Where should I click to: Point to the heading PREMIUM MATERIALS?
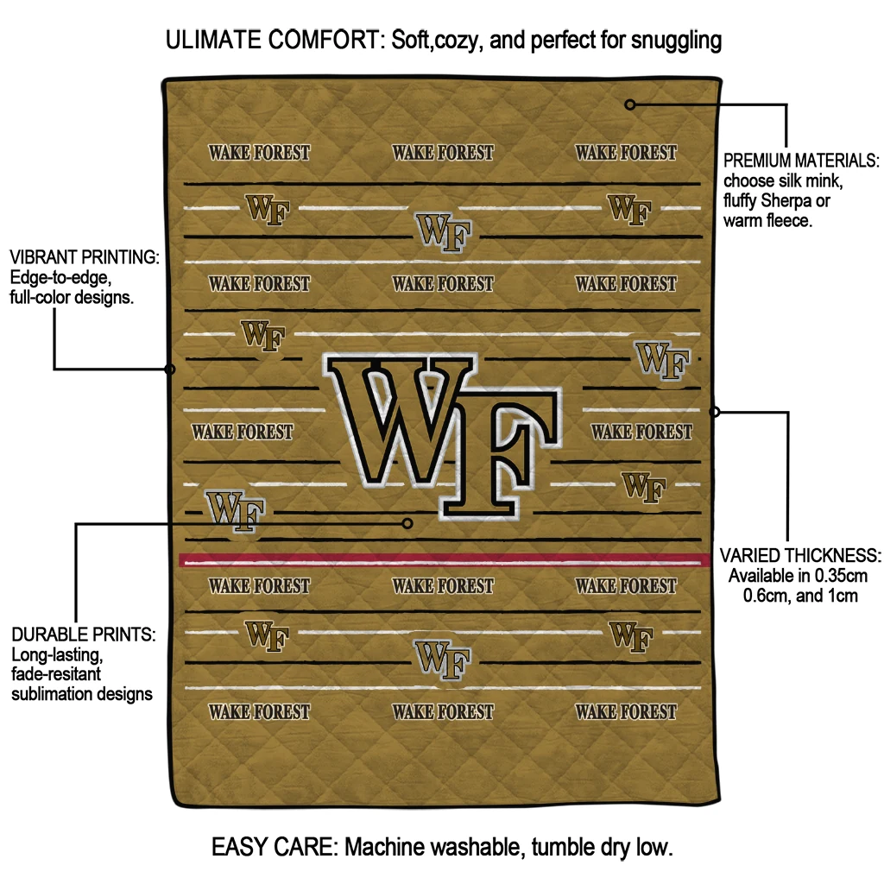pos(800,161)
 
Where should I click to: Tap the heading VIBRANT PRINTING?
pos(84,257)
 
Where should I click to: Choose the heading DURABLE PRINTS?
pos(84,635)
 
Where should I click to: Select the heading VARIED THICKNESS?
pos(800,555)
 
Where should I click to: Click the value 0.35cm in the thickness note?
pos(841,576)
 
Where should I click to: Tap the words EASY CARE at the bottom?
pos(274,847)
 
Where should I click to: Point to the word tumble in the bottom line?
pos(559,847)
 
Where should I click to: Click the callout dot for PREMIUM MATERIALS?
pos(630,104)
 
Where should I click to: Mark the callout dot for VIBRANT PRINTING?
pos(170,369)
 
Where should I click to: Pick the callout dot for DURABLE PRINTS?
pos(407,523)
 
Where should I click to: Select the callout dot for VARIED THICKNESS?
pos(714,412)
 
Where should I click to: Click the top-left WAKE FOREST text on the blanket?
pos(259,153)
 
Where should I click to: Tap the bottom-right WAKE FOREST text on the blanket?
pos(626,712)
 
